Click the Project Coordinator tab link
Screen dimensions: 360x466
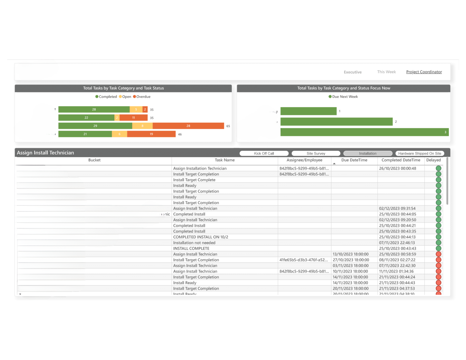tap(424, 72)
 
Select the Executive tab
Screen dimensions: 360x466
tap(353, 72)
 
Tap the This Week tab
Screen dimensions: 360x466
tap(386, 72)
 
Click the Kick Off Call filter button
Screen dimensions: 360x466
tap(264, 153)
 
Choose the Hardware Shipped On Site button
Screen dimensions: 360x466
tap(420, 153)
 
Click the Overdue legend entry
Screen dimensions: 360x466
tap(142, 97)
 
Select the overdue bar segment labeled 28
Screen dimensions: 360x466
tap(188, 126)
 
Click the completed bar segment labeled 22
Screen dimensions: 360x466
tap(86, 118)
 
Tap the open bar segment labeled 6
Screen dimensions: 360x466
tap(120, 134)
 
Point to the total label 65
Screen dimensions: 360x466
tap(228, 126)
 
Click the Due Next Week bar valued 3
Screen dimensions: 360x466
tap(364, 132)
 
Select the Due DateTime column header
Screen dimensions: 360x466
tap(354, 160)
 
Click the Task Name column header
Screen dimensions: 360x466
tap(225, 160)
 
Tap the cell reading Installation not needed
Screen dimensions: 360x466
tap(194, 243)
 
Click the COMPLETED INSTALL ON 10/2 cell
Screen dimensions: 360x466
tap(201, 237)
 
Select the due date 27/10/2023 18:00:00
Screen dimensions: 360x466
tap(351, 260)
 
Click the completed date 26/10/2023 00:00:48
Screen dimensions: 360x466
tap(397, 168)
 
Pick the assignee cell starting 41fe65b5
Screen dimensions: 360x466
tap(304, 260)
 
